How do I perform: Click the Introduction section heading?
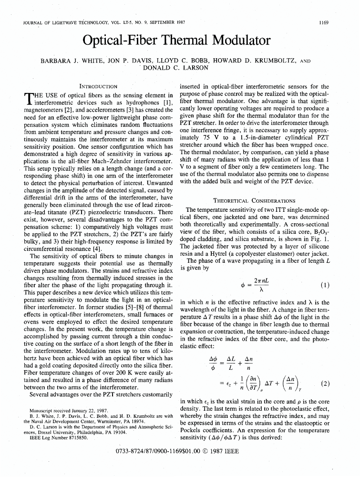(x=98, y=86)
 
